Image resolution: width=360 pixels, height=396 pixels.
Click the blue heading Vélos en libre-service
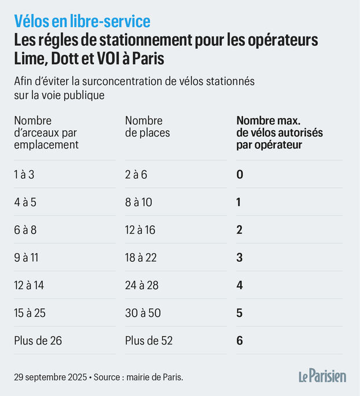(x=82, y=21)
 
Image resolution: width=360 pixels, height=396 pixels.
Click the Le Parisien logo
(x=322, y=376)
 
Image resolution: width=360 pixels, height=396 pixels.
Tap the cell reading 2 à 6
(x=136, y=175)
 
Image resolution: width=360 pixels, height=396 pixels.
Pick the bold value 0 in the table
(x=240, y=175)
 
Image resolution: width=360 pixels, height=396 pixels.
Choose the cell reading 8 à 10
(x=138, y=202)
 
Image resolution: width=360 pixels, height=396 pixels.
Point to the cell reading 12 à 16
(x=141, y=230)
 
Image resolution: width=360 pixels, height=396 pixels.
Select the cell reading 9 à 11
(x=26, y=258)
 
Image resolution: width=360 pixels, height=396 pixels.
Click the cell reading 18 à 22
(x=141, y=258)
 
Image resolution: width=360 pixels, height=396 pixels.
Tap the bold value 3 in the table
(x=240, y=258)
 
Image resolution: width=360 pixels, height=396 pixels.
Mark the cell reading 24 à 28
(x=141, y=286)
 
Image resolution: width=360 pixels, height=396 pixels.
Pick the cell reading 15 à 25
(x=30, y=313)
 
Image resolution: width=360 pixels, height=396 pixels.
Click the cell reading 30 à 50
(x=142, y=313)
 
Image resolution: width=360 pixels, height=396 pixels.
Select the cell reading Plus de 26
(x=38, y=341)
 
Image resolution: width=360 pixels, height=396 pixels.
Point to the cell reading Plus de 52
(x=149, y=341)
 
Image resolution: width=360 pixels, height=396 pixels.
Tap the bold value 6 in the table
(x=240, y=341)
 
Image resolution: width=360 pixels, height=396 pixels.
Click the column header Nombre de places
(x=148, y=127)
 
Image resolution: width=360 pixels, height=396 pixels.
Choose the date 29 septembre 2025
(x=50, y=377)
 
